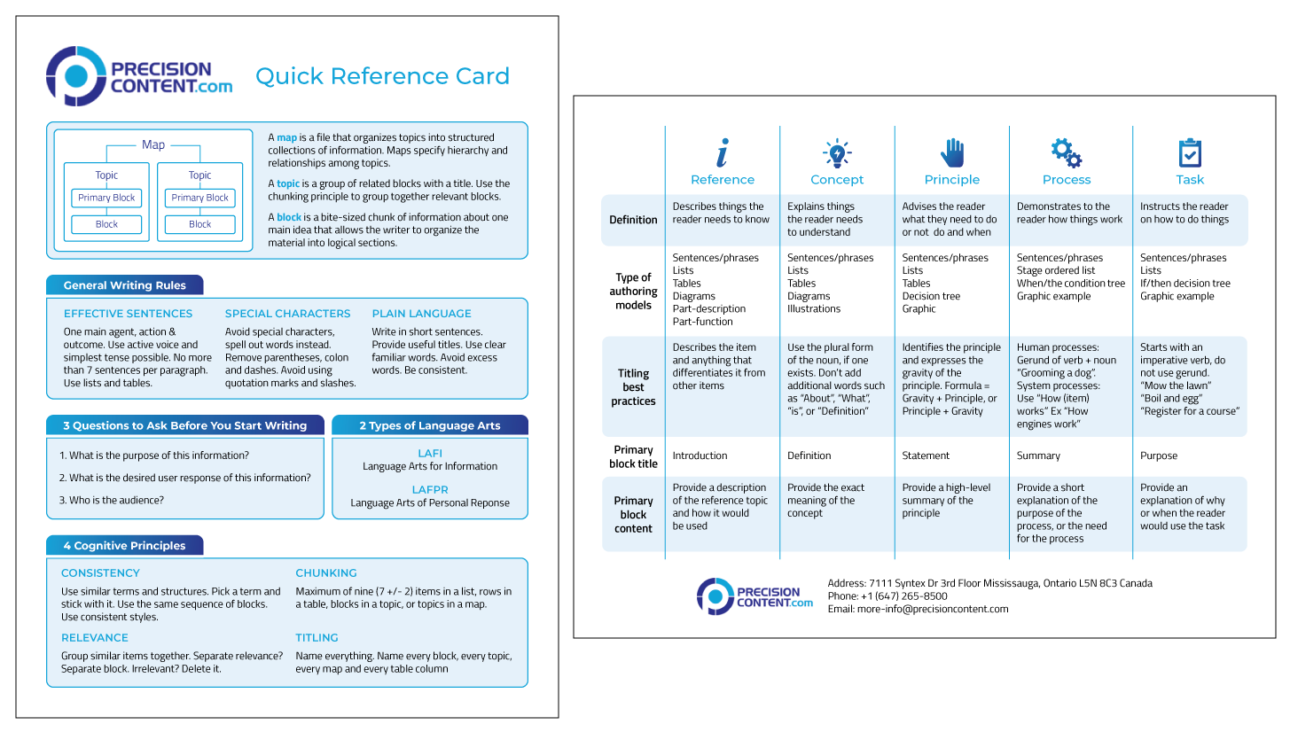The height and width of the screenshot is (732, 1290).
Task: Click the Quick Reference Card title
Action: tap(382, 76)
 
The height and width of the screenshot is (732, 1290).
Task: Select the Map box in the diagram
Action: tap(153, 145)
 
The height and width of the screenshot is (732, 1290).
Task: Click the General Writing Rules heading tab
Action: tap(124, 285)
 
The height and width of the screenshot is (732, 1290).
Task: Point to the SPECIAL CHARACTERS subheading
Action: tap(287, 314)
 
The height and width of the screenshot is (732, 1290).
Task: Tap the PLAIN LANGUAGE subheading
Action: tap(421, 314)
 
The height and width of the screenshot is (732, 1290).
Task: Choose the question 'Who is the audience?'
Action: tap(111, 500)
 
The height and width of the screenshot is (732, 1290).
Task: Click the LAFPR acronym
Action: tap(429, 489)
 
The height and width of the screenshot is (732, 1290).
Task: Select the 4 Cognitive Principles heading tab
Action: tap(124, 546)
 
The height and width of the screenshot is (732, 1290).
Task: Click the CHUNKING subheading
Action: tap(326, 573)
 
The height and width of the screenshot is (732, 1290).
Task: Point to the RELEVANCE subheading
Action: tap(95, 638)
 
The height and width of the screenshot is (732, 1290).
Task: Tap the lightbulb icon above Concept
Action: tap(836, 152)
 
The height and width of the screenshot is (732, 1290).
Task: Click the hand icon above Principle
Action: tap(951, 152)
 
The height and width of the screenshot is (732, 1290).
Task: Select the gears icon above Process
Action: tap(1066, 152)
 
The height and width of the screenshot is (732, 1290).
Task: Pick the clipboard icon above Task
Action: tap(1189, 152)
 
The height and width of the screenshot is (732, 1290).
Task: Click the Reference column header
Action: tap(723, 180)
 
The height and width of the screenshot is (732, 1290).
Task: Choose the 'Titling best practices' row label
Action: tap(633, 387)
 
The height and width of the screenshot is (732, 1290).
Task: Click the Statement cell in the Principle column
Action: tap(926, 456)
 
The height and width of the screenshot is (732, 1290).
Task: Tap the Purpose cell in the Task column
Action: tap(1159, 456)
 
